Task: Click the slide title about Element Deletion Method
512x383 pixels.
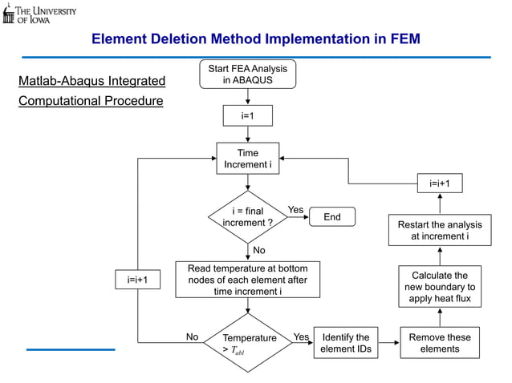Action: pyautogui.click(x=255, y=38)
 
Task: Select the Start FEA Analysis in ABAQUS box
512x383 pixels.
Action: pyautogui.click(x=247, y=74)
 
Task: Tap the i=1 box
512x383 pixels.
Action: pyautogui.click(x=247, y=116)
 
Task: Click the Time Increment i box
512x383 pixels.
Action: pyautogui.click(x=247, y=159)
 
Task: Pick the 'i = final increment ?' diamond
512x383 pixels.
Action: pyautogui.click(x=247, y=217)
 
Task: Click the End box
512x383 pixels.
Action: pyautogui.click(x=331, y=217)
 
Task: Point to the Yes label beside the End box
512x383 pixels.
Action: pyautogui.click(x=296, y=210)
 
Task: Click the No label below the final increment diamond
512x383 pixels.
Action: pyautogui.click(x=259, y=251)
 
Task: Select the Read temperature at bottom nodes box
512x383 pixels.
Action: pyautogui.click(x=247, y=280)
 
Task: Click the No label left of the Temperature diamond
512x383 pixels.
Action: pyautogui.click(x=193, y=337)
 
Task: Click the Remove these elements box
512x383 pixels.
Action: pyautogui.click(x=440, y=343)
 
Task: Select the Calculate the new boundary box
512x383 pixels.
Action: pyautogui.click(x=440, y=287)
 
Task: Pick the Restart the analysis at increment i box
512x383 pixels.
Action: pyautogui.click(x=440, y=231)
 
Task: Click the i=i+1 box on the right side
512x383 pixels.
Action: pyautogui.click(x=440, y=183)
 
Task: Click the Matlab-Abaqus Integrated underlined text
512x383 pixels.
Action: pyautogui.click(x=91, y=81)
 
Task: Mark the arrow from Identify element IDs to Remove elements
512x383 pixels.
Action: pyautogui.click(x=388, y=343)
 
